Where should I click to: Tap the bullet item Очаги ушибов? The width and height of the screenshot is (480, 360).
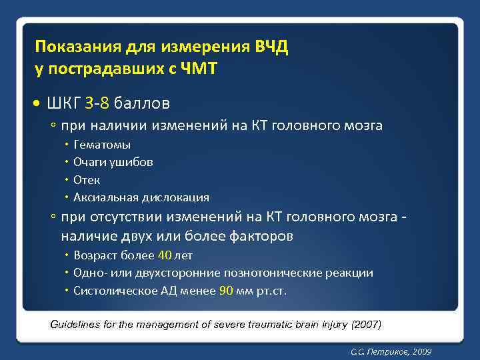[x=113, y=162]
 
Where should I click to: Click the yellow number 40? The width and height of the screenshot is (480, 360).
[x=164, y=255]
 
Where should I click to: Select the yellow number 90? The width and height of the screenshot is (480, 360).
[x=226, y=291]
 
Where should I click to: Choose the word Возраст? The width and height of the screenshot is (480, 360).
[x=96, y=255]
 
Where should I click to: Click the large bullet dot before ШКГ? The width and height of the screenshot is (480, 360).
[x=37, y=104]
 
